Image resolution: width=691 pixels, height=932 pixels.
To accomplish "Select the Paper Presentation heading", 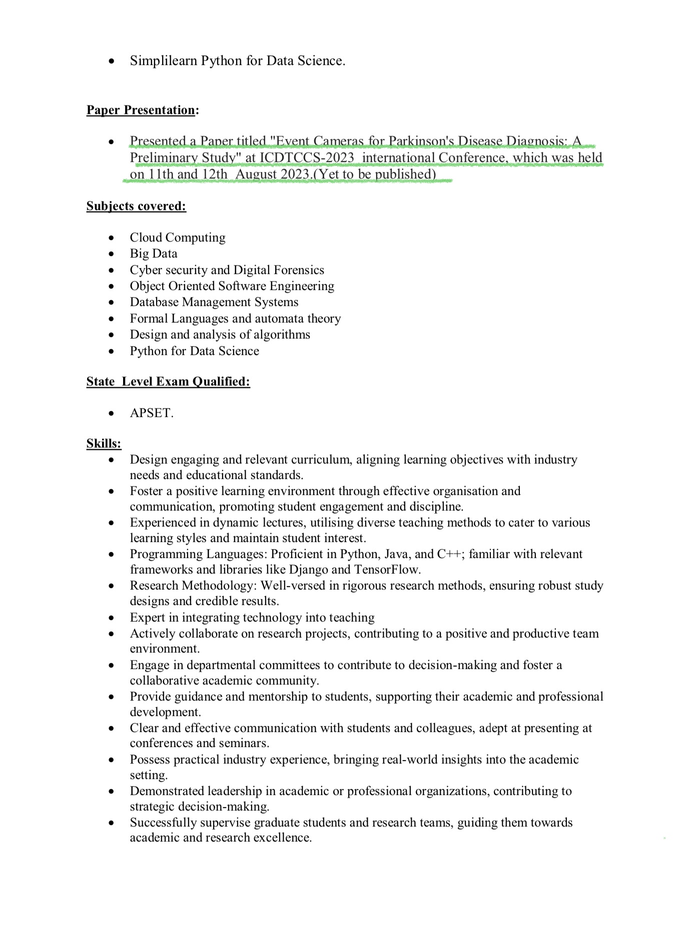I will pos(141,110).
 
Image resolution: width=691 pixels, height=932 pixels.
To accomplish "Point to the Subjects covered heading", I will pos(136,206).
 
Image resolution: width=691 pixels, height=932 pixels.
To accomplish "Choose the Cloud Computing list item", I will pos(178,237).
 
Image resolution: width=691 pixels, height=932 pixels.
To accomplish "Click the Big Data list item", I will pos(154,253).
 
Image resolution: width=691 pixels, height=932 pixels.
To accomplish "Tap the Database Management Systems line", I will pos(214,302).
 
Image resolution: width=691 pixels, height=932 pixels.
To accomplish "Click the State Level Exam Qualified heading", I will pos(168,381).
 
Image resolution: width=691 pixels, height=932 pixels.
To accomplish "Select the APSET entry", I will pos(151,413).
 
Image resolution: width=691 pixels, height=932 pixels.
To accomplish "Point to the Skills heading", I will pos(104,443).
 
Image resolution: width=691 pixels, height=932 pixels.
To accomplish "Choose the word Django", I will pos(308,569).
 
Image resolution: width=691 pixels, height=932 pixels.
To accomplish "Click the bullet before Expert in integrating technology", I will pos(111,618).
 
